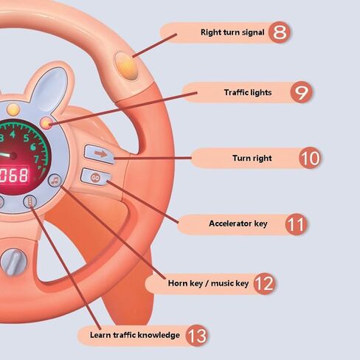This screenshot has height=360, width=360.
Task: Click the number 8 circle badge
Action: (279, 32)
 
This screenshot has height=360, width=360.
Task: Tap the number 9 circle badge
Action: (301, 92)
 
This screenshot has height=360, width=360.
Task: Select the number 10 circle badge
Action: (310, 158)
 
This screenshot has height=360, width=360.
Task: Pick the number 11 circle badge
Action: (297, 224)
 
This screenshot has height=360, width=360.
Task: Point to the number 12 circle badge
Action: (264, 283)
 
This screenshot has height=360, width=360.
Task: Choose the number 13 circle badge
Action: (197, 336)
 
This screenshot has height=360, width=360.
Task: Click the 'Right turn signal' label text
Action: (232, 32)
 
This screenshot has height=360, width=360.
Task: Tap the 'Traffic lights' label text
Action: (248, 92)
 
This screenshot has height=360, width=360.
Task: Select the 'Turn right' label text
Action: (252, 158)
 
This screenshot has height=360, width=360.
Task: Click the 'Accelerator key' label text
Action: (238, 224)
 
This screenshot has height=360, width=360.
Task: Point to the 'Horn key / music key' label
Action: (208, 283)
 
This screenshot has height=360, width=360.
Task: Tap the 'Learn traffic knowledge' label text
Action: (135, 335)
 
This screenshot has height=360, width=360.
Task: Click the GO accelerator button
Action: (96, 177)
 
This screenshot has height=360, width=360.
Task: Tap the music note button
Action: (55, 181)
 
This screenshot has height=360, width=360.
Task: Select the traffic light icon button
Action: (30, 202)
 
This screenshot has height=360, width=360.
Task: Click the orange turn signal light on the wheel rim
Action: (126, 66)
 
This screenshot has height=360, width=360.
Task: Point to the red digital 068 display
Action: (14, 175)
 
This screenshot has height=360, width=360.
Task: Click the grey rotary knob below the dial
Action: (13, 262)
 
